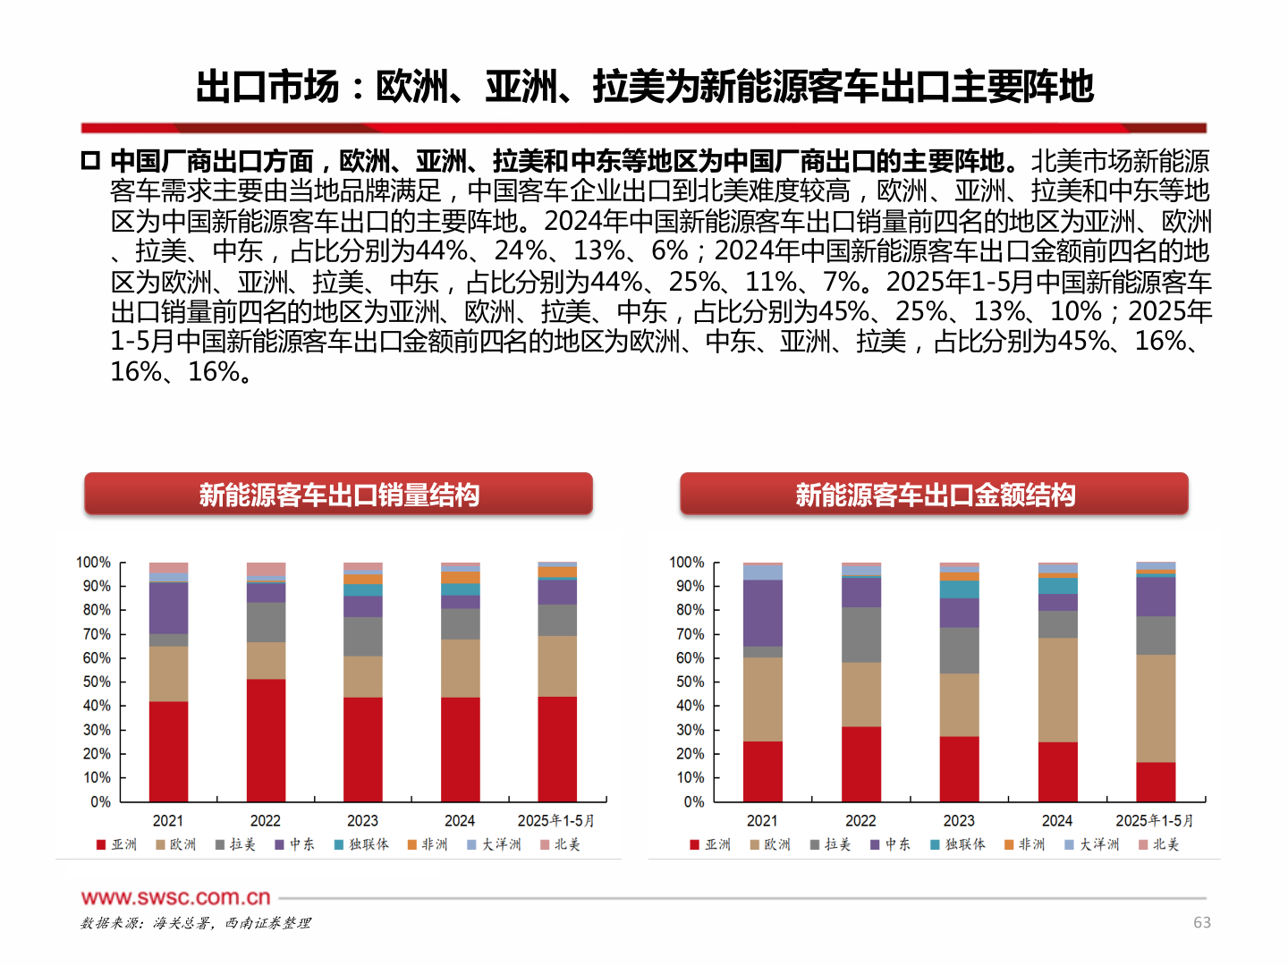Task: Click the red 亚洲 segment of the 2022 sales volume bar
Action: click(x=266, y=740)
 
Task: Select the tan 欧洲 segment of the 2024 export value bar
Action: click(x=1057, y=690)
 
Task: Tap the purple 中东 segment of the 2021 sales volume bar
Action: click(x=168, y=608)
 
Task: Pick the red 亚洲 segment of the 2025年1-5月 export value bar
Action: click(x=1156, y=782)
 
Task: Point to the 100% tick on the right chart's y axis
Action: click(x=687, y=563)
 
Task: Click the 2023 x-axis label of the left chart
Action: click(x=362, y=820)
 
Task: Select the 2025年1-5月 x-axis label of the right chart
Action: click(x=1154, y=820)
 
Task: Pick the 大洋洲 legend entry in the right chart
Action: click(x=1092, y=844)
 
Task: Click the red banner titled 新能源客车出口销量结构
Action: click(x=338, y=495)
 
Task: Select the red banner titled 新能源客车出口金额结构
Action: click(x=934, y=495)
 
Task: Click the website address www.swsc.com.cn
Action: click(x=175, y=897)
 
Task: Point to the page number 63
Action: click(x=1201, y=922)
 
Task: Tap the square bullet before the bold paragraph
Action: click(x=90, y=161)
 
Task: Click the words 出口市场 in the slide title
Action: click(x=267, y=87)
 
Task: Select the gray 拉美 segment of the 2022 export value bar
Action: click(x=861, y=635)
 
